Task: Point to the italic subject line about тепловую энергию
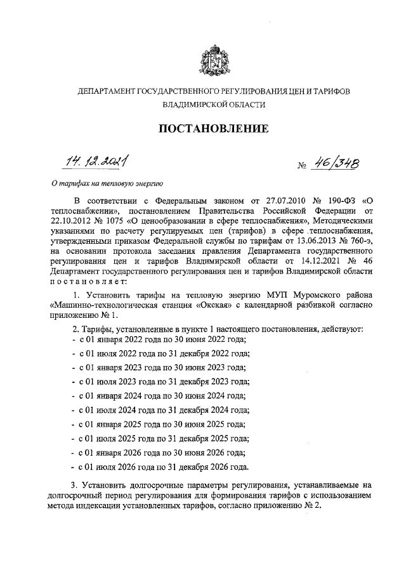pyautogui.click(x=107, y=184)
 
